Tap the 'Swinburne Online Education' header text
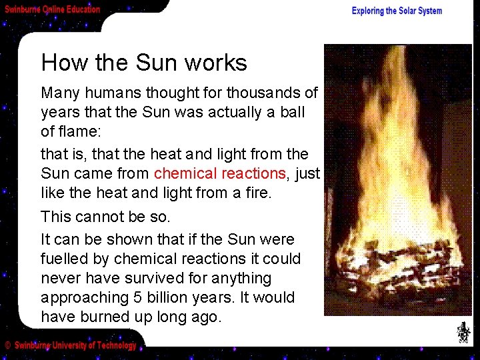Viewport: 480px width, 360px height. pos(53,9)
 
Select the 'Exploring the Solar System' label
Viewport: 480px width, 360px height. pos(397,11)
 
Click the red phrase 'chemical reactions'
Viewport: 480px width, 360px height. pos(219,173)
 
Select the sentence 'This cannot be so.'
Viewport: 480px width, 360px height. pos(106,217)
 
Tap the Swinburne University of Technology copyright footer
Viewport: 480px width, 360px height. pos(75,345)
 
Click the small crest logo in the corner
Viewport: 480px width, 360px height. pos(463,331)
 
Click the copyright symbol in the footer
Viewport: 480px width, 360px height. pos(8,346)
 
